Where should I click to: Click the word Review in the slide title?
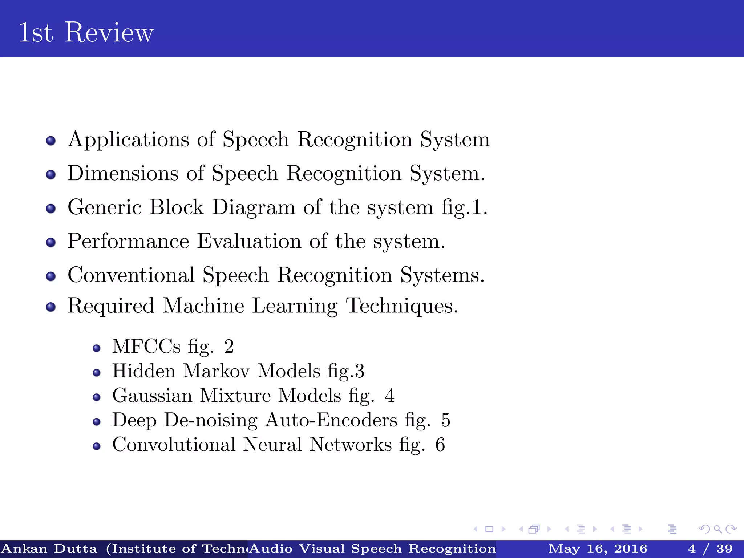[x=109, y=33]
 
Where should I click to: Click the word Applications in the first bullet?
[x=129, y=140]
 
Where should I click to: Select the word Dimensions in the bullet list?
[x=123, y=173]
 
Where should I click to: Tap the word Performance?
[x=128, y=241]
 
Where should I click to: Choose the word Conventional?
[x=131, y=275]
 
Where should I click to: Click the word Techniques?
[x=401, y=306]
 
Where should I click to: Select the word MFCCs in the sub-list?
[x=146, y=346]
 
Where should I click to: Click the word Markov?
[x=217, y=371]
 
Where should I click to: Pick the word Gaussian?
[x=152, y=396]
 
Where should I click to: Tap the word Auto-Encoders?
[x=331, y=420]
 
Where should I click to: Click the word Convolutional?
[x=174, y=445]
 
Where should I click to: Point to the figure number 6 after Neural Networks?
[x=440, y=445]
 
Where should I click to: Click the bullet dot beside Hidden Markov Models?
[x=96, y=373]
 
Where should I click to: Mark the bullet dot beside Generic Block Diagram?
[x=51, y=209]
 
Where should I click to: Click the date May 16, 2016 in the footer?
[x=598, y=549]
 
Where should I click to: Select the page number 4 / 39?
[x=710, y=549]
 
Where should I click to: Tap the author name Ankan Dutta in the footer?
[x=49, y=549]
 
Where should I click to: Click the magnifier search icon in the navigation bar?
[x=717, y=529]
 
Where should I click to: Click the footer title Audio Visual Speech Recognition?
[x=372, y=549]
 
